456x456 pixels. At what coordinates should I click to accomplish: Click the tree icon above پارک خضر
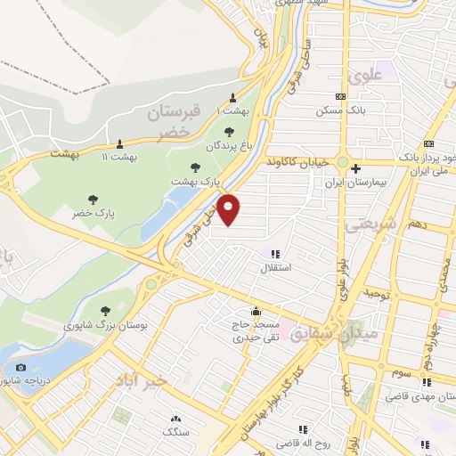coord(91,199)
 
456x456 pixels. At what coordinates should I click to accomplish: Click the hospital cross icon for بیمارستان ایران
coord(355,168)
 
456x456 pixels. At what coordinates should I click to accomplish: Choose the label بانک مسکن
coord(339,111)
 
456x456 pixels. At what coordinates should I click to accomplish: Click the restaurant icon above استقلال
coord(275,253)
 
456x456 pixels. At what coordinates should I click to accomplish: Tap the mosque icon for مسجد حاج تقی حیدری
coord(256,312)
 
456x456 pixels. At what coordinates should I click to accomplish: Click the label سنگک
coord(175,432)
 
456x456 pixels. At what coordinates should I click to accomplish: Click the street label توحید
coord(377,292)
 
